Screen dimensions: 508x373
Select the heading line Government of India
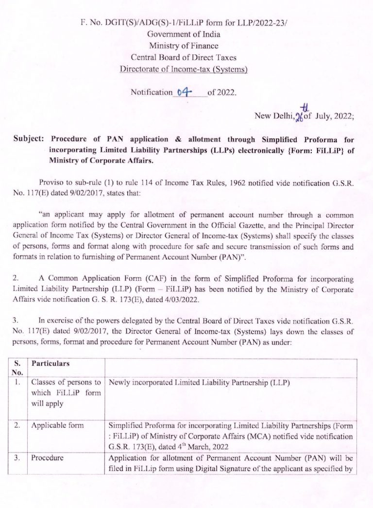pos(184,34)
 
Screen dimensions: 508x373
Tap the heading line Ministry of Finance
pos(184,46)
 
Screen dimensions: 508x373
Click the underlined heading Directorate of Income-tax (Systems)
pos(184,69)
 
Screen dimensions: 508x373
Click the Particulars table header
pos(51,364)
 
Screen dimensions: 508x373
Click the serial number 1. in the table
pos(17,383)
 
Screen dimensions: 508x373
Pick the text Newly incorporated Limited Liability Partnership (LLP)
pos(199,383)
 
